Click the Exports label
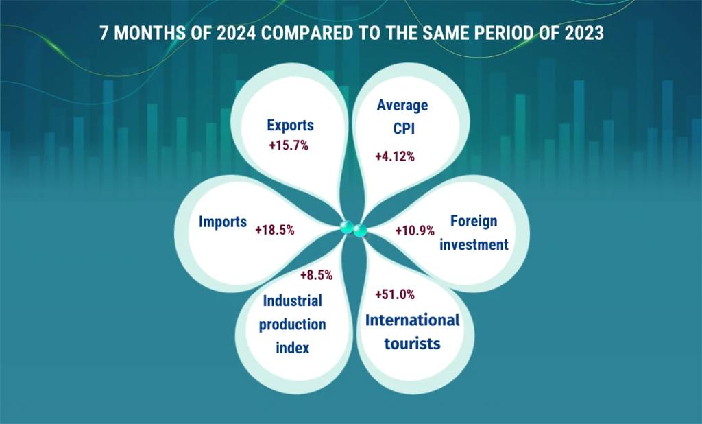click(290, 126)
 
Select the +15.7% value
click(289, 145)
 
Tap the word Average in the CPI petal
click(402, 106)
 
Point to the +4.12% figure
click(395, 156)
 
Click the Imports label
click(223, 222)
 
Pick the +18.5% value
click(274, 231)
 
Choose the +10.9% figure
click(415, 231)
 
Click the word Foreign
click(474, 221)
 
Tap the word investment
click(474, 244)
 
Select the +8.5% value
click(316, 275)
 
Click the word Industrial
click(293, 301)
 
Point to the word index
click(293, 348)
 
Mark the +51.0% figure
click(395, 294)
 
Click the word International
click(413, 320)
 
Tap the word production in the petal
click(293, 325)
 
